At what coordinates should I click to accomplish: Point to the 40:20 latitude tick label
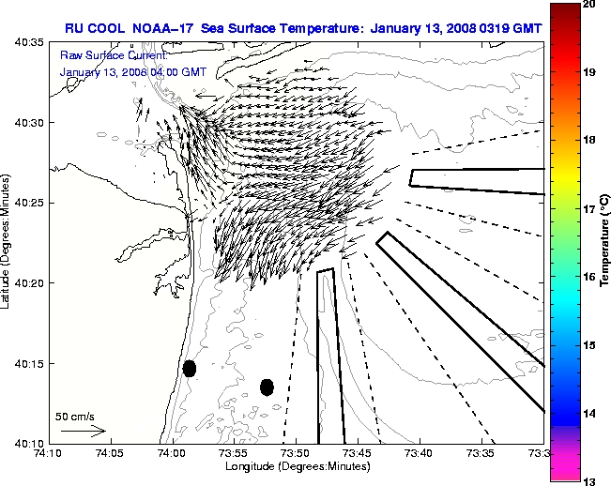tap(26, 282)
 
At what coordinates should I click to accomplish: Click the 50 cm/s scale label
tap(74, 416)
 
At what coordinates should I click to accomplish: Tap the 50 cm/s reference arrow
tap(83, 432)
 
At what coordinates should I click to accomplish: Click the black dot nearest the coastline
tap(190, 368)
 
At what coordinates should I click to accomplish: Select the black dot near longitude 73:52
tap(267, 387)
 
